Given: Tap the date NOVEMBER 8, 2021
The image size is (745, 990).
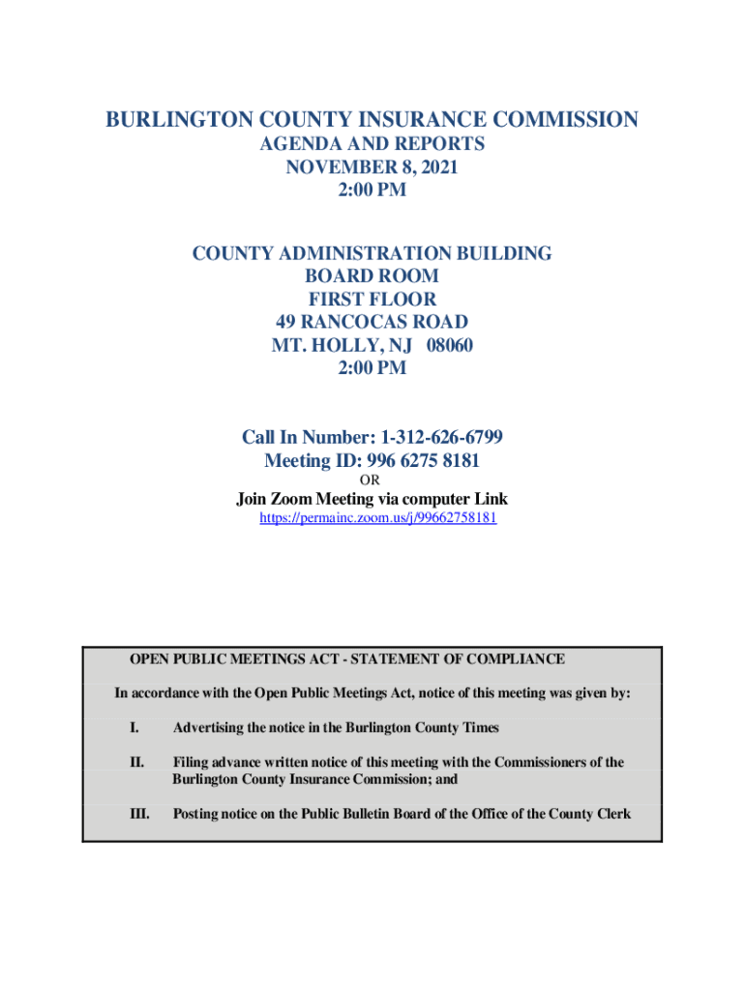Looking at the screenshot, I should pos(372,167).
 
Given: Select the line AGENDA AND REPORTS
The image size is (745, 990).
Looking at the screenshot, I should pos(372,144).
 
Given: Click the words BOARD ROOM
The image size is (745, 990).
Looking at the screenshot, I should pos(372,277).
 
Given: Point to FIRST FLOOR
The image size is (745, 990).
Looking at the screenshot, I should pos(372,300).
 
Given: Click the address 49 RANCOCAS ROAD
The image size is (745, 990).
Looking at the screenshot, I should pos(372,322).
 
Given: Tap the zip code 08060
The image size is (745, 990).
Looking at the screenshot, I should pos(446,345).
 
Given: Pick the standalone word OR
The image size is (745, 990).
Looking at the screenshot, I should pos(371,480).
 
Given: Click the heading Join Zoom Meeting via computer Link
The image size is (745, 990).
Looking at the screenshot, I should pos(372,499).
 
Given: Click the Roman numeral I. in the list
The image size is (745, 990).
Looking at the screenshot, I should pos(134,727).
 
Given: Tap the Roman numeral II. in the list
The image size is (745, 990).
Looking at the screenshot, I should pos(136,762).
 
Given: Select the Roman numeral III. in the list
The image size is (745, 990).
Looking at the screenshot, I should pos(139,813).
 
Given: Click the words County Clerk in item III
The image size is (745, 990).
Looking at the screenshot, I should pos(589,813).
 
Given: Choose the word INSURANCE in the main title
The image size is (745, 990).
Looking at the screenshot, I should pos(402,120).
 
